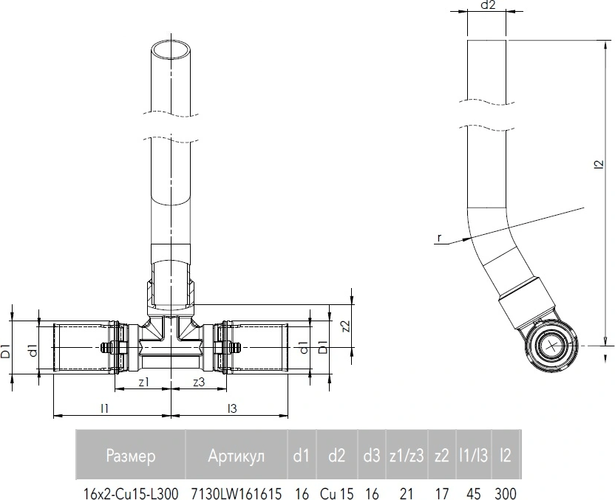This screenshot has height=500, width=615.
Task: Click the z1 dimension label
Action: pyautogui.click(x=144, y=382)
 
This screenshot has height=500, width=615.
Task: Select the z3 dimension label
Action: pyautogui.click(x=200, y=382)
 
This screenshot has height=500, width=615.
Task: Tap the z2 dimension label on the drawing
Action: pyautogui.click(x=346, y=326)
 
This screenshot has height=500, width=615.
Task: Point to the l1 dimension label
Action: pyautogui.click(x=104, y=408)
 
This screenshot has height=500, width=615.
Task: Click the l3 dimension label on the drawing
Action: pyautogui.click(x=233, y=408)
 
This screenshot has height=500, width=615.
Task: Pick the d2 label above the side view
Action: pyautogui.click(x=488, y=5)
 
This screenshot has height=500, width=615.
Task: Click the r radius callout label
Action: pyautogui.click(x=439, y=238)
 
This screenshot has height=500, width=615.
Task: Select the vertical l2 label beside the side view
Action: pyautogui.click(x=599, y=164)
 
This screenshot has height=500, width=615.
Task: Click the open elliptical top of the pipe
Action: pyautogui.click(x=171, y=49)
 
